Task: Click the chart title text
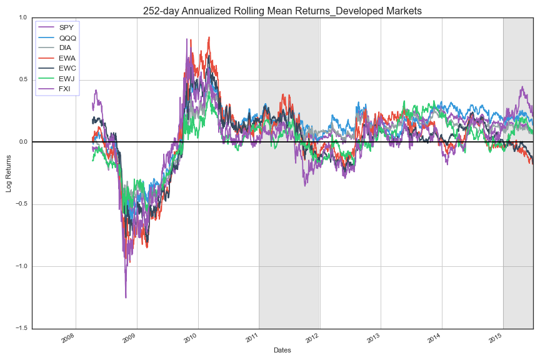282,11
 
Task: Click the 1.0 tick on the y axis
22,17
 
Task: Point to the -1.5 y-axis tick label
21,329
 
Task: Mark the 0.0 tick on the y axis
22,142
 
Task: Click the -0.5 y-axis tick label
21,204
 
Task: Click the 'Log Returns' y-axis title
9,173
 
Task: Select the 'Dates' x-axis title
282,351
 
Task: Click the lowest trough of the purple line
126,297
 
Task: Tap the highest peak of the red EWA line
209,37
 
